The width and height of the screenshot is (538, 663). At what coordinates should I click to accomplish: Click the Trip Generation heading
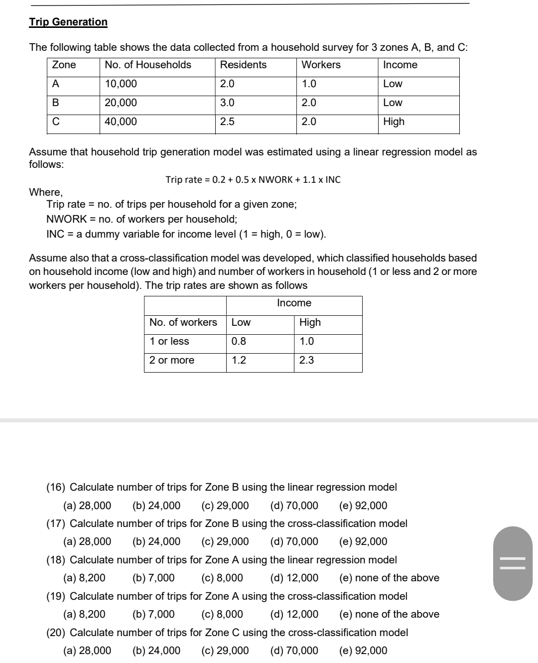coord(68,22)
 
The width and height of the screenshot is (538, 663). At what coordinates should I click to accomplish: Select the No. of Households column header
coord(148,65)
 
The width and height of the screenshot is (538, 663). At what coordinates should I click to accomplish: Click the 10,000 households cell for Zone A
coord(121,84)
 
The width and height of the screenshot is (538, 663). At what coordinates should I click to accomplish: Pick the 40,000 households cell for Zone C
coord(121,122)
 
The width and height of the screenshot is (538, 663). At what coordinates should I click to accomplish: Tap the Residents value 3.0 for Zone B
coord(227,103)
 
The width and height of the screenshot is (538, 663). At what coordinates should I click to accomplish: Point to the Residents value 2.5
coord(227,122)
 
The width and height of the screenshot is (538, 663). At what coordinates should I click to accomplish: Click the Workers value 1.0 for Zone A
coord(309,84)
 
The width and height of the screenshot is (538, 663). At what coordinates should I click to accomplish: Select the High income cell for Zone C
coord(394,122)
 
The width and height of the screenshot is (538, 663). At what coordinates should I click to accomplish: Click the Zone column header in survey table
coord(64,65)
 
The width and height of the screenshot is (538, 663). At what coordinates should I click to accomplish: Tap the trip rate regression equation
coord(253,180)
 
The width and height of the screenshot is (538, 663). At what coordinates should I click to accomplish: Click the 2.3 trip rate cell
coord(306,360)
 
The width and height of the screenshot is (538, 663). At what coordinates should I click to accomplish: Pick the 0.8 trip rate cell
coord(239,341)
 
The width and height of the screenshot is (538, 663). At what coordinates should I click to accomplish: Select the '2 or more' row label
coord(172,360)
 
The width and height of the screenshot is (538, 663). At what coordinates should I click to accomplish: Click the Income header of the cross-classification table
coord(294,303)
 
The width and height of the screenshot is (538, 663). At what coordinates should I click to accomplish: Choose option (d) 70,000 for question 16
coord(294,506)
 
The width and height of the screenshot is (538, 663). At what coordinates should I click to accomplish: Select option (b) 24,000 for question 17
coord(156,541)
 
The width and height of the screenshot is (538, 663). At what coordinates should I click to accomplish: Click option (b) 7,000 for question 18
coord(153,578)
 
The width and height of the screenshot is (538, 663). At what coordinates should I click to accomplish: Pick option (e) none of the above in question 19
coord(389,614)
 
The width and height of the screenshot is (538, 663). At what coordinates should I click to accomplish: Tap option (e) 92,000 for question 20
coord(363,651)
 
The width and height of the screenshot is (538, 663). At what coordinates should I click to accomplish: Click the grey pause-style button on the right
coord(513,564)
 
